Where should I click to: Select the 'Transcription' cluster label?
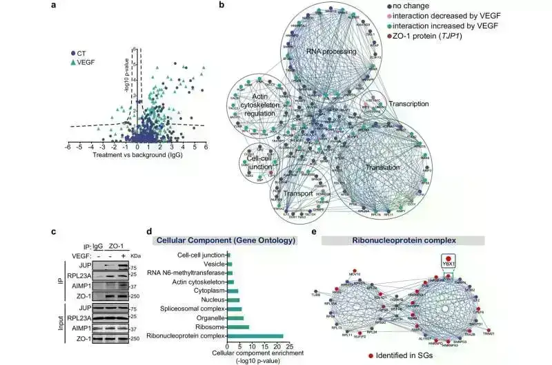pos(408,104)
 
